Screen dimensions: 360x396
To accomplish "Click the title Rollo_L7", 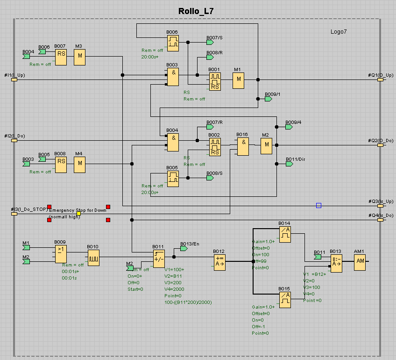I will [196, 11].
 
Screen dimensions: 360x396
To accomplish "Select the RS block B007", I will [61, 57].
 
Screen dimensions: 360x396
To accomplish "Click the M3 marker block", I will [80, 57].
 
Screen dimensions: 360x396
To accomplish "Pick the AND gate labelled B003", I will [173, 77].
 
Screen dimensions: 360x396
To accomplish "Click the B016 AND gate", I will [243, 146].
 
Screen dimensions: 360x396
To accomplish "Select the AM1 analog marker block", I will [360, 263].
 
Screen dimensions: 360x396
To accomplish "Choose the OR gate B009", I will [60, 254].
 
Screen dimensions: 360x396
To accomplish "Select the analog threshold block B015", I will [285, 300].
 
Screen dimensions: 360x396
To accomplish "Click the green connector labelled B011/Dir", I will [290, 164].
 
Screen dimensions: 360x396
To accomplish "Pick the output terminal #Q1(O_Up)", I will [380, 79].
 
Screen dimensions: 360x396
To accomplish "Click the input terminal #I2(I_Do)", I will [14, 140].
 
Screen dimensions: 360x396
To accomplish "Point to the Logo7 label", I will [339, 32].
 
